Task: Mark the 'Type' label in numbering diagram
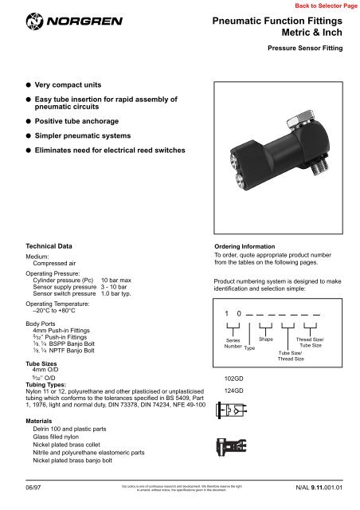tap(249, 349)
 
